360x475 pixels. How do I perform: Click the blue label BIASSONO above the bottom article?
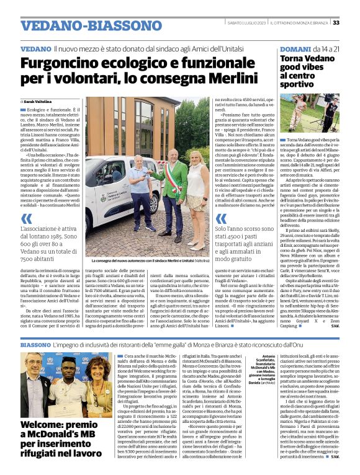[x=38, y=344]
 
